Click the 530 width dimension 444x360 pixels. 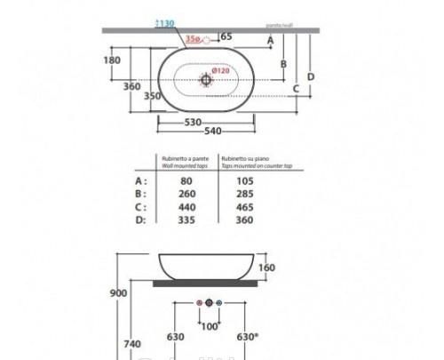pos(194,122)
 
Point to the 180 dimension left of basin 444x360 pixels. pos(112,60)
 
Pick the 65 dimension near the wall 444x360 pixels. pos(225,37)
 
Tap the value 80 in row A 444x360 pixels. pos(186,180)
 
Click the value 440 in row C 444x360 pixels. pos(186,206)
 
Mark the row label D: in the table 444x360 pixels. pos(140,219)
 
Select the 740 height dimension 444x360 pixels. pos(131,342)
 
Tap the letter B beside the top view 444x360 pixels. pos(282,63)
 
